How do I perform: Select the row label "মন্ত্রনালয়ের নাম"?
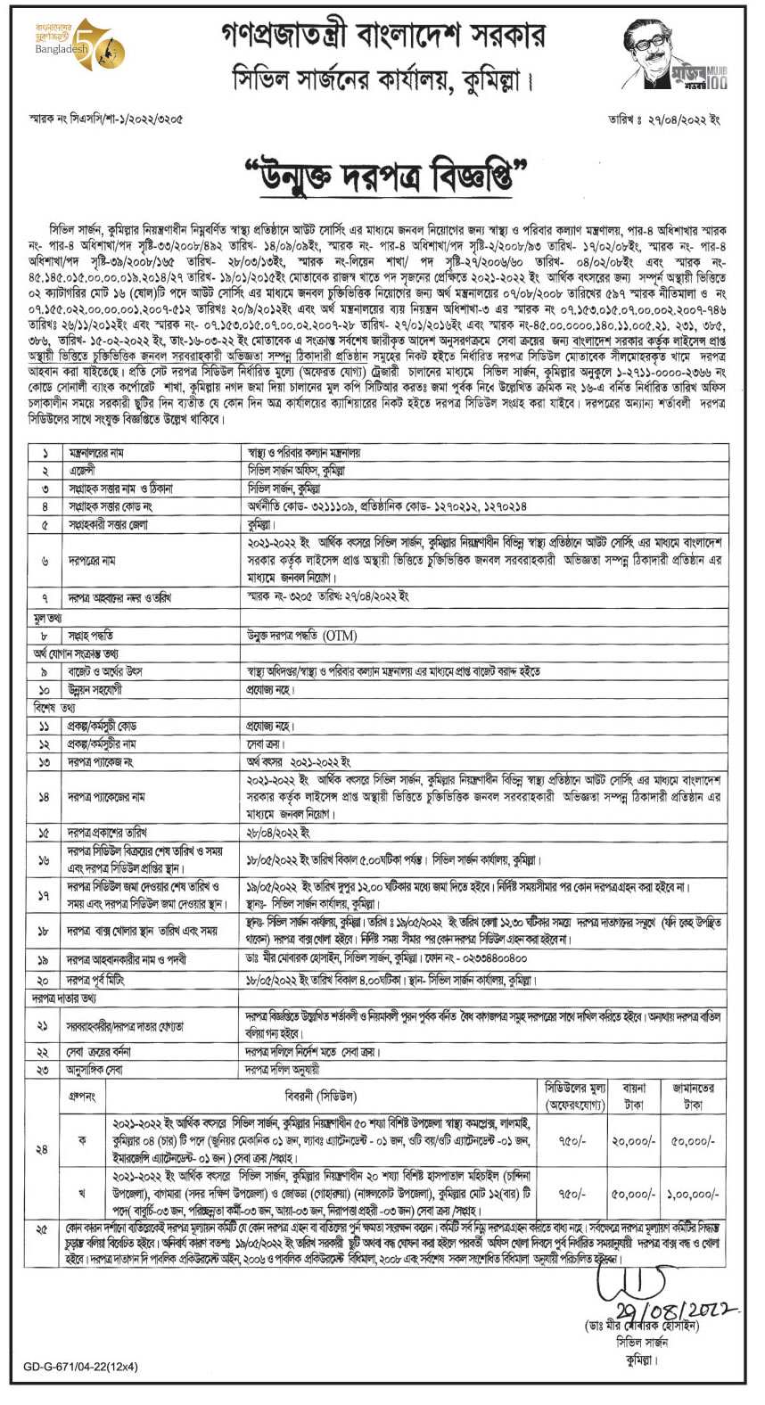tap(97, 453)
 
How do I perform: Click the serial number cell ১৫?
tap(44, 833)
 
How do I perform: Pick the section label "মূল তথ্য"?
tap(48, 618)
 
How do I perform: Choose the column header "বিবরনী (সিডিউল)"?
tap(320, 1096)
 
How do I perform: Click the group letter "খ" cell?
tap(83, 1194)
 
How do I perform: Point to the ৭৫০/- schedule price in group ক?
tap(573, 1140)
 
